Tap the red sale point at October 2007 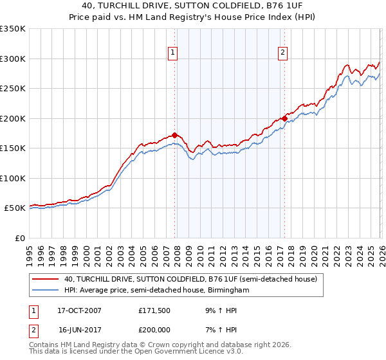click(174, 136)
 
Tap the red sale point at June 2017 click(284, 119)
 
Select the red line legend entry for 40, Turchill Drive click(190, 280)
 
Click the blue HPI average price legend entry click(156, 291)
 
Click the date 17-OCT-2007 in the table click(80, 310)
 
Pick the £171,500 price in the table click(155, 310)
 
